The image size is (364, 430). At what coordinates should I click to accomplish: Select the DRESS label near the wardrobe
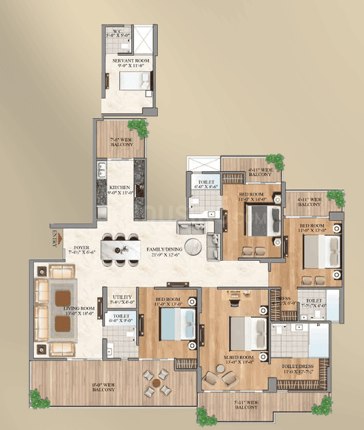coord(284,299)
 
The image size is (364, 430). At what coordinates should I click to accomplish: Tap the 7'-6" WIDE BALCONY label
coord(120,143)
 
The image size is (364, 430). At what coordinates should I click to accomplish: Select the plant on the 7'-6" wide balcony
coord(138,127)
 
